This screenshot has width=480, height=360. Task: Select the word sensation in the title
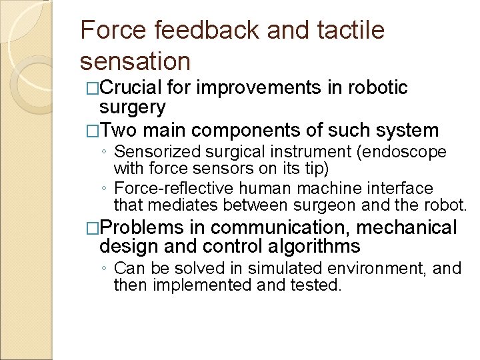pyautogui.click(x=135, y=61)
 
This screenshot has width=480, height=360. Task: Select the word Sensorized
pyautogui.click(x=158, y=152)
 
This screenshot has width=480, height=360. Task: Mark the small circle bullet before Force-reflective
pyautogui.click(x=106, y=189)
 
